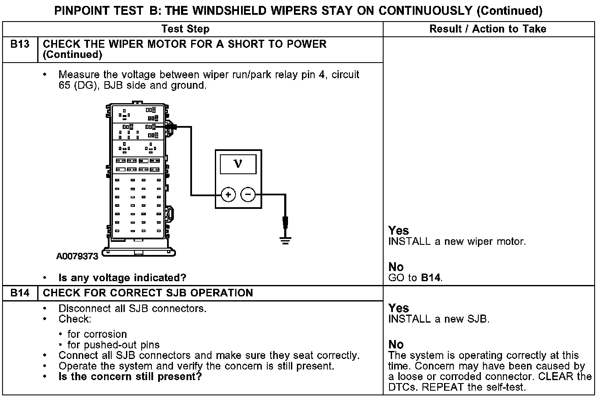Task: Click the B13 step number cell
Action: (20, 44)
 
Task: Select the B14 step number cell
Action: (20, 293)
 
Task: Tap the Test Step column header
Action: (185, 29)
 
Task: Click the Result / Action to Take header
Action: (488, 29)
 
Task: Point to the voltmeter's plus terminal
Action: (228, 195)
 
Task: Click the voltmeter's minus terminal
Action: (248, 195)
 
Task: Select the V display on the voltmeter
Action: (238, 164)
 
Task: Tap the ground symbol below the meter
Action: (285, 240)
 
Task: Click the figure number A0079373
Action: (77, 256)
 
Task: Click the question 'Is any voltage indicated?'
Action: (122, 278)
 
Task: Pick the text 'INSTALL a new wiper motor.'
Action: (457, 242)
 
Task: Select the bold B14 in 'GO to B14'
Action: (431, 278)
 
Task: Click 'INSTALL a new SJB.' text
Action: (439, 319)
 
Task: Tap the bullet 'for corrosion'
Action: (97, 334)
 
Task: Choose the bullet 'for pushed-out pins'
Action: (113, 345)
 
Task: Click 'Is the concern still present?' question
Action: (130, 376)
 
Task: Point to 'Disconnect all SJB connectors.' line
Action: (132, 308)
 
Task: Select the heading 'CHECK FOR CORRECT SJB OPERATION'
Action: (148, 293)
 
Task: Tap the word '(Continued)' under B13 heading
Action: (72, 55)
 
